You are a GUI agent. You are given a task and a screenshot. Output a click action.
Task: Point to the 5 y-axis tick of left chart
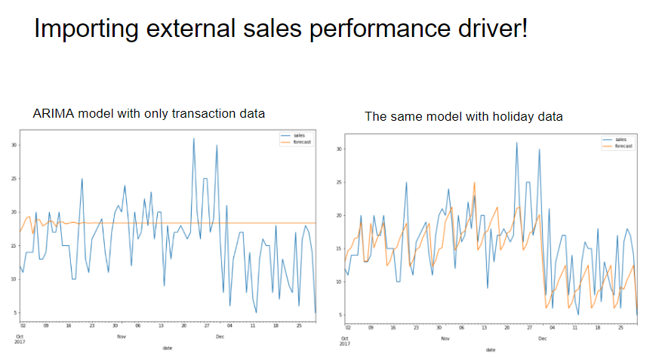pyautogui.click(x=14, y=312)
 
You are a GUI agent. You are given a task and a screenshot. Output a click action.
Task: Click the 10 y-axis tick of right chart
pyautogui.click(x=338, y=282)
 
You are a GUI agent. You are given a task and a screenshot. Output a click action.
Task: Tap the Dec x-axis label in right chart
pyautogui.click(x=542, y=339)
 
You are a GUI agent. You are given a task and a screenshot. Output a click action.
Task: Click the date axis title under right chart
pyautogui.click(x=491, y=349)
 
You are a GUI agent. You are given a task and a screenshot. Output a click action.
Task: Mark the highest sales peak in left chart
pyautogui.click(x=193, y=139)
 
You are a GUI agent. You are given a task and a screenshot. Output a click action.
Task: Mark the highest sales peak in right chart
pyautogui.click(x=517, y=143)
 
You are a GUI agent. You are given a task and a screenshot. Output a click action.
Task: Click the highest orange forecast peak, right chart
pyautogui.click(x=475, y=182)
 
